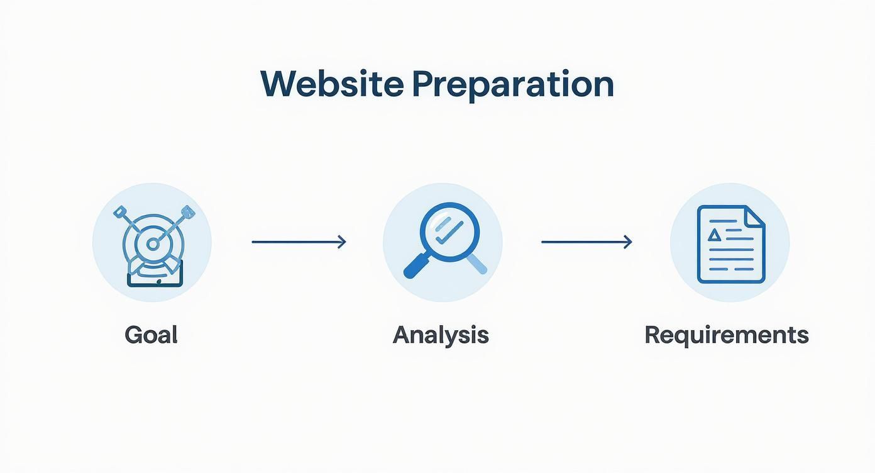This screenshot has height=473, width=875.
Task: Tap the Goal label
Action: pyautogui.click(x=151, y=335)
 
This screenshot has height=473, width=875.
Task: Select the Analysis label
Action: pyautogui.click(x=441, y=336)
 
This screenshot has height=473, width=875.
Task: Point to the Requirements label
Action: pyautogui.click(x=727, y=336)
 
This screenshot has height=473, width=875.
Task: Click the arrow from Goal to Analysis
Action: pyautogui.click(x=299, y=242)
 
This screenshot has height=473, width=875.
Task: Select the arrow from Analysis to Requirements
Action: pyautogui.click(x=586, y=242)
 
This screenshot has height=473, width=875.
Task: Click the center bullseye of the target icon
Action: pyautogui.click(x=152, y=245)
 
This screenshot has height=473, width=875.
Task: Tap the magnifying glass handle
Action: pyautogui.click(x=417, y=266)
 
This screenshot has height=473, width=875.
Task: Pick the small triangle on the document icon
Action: pyautogui.click(x=714, y=235)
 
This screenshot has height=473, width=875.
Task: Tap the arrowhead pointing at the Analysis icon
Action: pyautogui.click(x=342, y=242)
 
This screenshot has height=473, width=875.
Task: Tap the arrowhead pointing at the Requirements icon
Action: pyautogui.click(x=628, y=242)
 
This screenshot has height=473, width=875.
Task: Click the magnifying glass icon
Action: pyautogui.click(x=445, y=240)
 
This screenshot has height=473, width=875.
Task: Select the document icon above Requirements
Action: pyautogui.click(x=731, y=244)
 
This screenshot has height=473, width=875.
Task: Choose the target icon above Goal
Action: pyautogui.click(x=154, y=245)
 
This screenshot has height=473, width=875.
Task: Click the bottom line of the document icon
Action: pyautogui.click(x=731, y=269)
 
